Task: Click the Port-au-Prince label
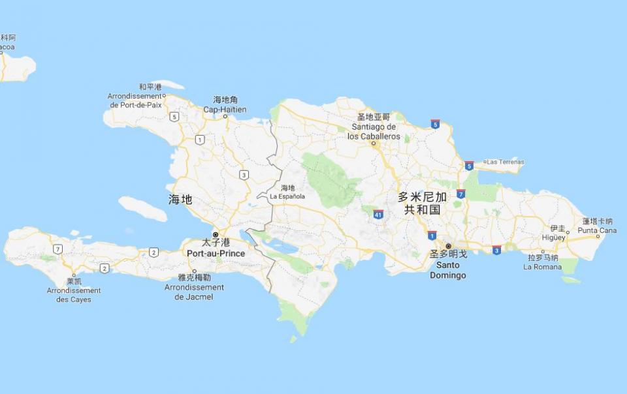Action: coord(216,253)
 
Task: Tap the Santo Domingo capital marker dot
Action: coord(448,246)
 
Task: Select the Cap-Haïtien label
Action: coord(225,109)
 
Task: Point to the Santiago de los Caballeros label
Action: coord(374,131)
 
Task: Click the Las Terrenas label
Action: coord(506,162)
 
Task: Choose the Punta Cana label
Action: coord(597,230)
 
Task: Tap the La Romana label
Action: coord(543,267)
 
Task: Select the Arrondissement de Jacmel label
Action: coord(194,292)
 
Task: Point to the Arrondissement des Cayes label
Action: coord(74,295)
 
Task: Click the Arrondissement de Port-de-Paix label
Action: coord(135,100)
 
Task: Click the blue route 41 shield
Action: coord(378,214)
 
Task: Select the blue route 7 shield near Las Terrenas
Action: coord(461,194)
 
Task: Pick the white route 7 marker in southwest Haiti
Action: coord(58,249)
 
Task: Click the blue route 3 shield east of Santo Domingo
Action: coord(496,250)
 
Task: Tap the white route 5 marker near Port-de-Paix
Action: coord(174,117)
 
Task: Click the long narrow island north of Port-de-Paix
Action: coord(167,84)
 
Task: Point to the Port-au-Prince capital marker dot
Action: coord(216,234)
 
